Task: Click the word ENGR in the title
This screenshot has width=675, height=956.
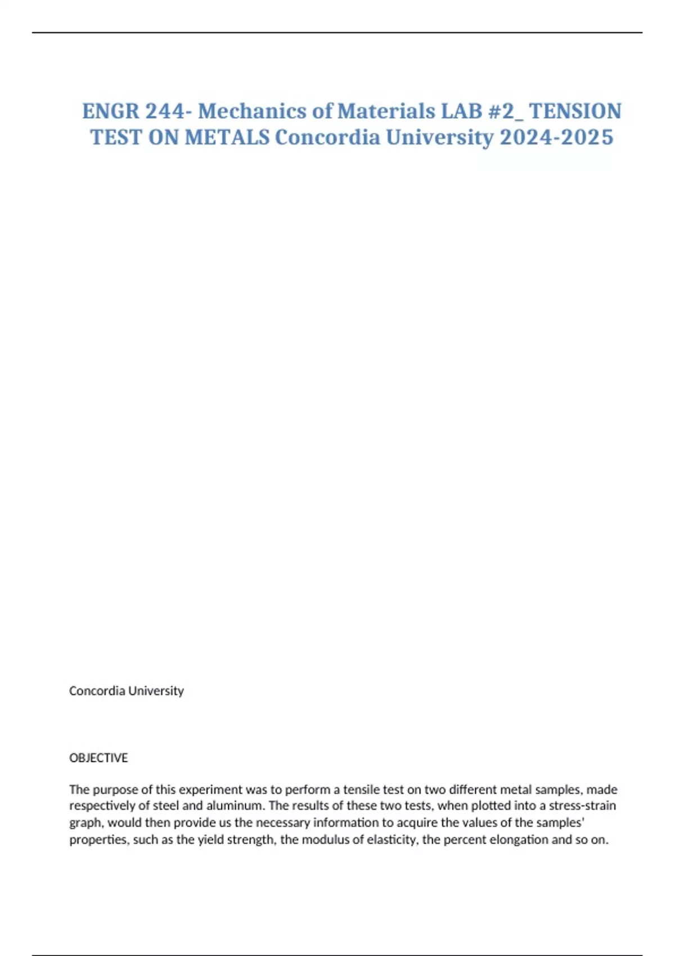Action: pyautogui.click(x=110, y=111)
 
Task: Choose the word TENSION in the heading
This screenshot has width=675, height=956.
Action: pyautogui.click(x=575, y=111)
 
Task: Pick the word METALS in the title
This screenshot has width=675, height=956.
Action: pyautogui.click(x=227, y=137)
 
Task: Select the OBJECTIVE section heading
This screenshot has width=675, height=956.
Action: pyautogui.click(x=98, y=758)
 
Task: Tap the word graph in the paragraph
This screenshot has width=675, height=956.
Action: pyautogui.click(x=86, y=823)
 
